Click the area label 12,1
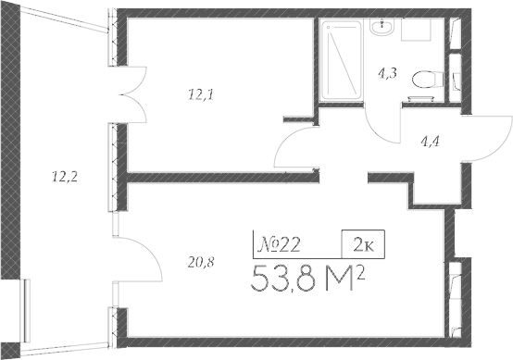tap(200, 93)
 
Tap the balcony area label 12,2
tap(63, 174)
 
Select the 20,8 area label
tap(200, 262)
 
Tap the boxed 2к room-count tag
tap(364, 243)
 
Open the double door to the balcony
tap(127, 93)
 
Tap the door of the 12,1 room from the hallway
tap(299, 148)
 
